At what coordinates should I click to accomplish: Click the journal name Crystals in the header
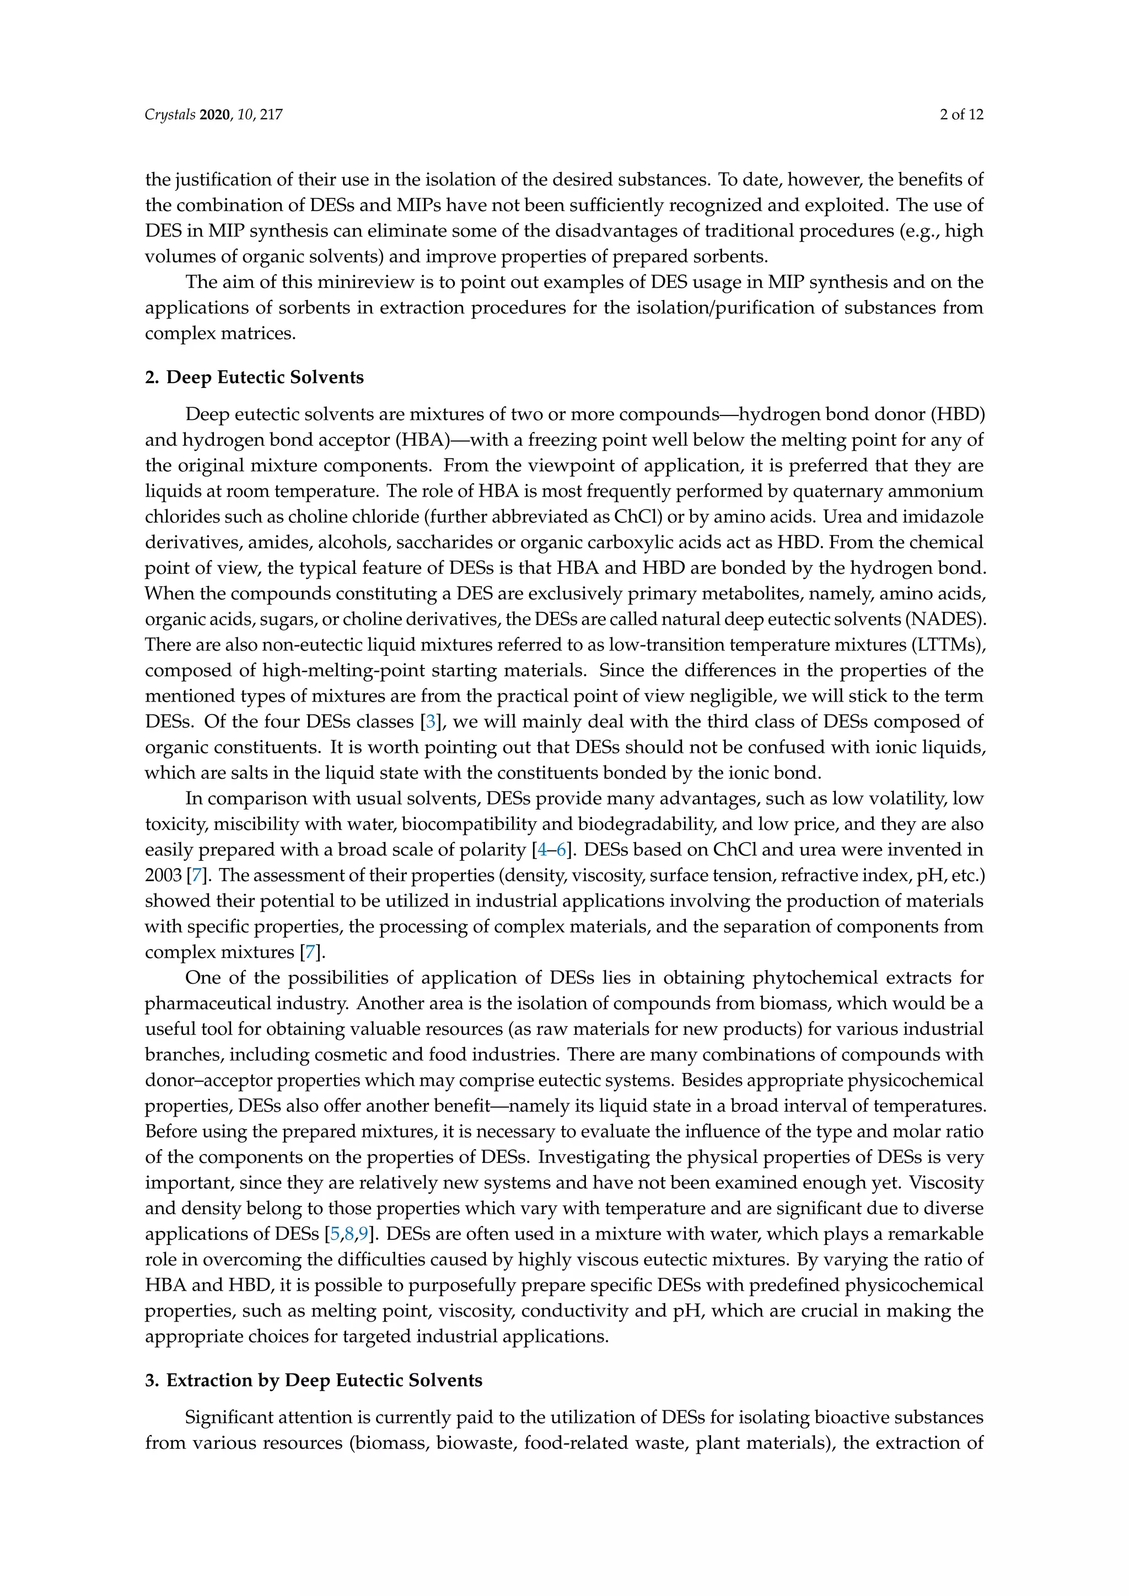pos(170,115)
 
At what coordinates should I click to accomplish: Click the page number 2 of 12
pos(961,115)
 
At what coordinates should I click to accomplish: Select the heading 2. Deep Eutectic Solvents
pos(255,378)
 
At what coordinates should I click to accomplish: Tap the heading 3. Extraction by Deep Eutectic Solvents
pos(314,1380)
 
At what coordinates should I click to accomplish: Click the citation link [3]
pos(431,721)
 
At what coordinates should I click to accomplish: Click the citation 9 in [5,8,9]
pos(363,1234)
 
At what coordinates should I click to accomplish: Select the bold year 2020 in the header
pos(214,115)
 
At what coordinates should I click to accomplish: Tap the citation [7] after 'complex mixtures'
pos(310,952)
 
